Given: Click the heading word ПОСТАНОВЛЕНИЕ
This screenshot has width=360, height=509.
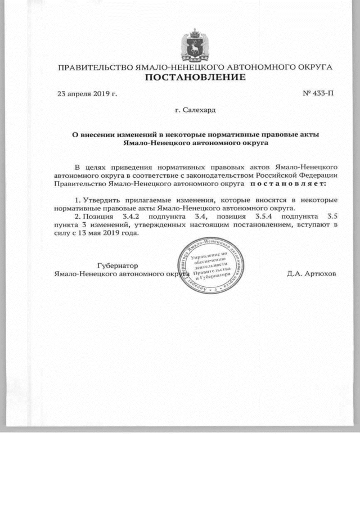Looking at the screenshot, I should pyautogui.click(x=195, y=77).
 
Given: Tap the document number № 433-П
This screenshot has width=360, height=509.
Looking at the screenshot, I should pyautogui.click(x=318, y=93).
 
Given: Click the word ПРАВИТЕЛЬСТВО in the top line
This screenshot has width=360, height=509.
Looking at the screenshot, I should pyautogui.click(x=96, y=67).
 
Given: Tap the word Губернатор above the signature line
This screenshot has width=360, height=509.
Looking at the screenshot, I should pyautogui.click(x=118, y=265).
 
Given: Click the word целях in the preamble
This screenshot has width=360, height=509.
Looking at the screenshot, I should pyautogui.click(x=96, y=167).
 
